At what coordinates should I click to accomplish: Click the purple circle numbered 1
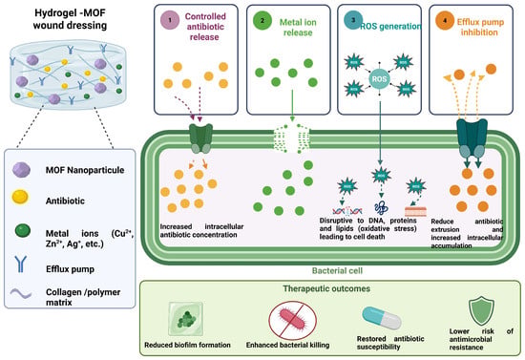pos(170,20)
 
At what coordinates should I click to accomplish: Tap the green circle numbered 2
pos(262,20)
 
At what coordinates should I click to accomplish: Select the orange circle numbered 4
pos(445,20)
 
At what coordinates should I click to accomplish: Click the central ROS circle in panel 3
pos(379,79)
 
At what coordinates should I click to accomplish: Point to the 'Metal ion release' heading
pos(298,28)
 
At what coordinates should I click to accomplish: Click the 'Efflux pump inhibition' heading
pos(480,28)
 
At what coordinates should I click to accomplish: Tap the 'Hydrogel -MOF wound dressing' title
pos(70,19)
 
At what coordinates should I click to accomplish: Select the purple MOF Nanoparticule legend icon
pos(21,169)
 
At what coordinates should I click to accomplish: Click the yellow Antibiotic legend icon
pos(20,197)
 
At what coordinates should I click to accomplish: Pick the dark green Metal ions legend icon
pos(23,231)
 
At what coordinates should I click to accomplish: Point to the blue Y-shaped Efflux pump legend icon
pos(20,264)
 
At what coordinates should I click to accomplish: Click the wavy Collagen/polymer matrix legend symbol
pos(21,293)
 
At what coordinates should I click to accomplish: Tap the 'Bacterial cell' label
pos(337,270)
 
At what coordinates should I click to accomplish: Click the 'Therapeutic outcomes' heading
pos(326,288)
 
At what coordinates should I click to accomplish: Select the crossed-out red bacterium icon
pos(292,320)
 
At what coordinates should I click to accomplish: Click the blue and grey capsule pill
pos(382,318)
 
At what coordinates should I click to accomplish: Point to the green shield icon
pos(481,311)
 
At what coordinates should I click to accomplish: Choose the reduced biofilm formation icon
pos(186,319)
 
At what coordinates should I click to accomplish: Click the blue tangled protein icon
pos(381,208)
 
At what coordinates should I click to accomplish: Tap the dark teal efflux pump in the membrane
pos(472,138)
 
